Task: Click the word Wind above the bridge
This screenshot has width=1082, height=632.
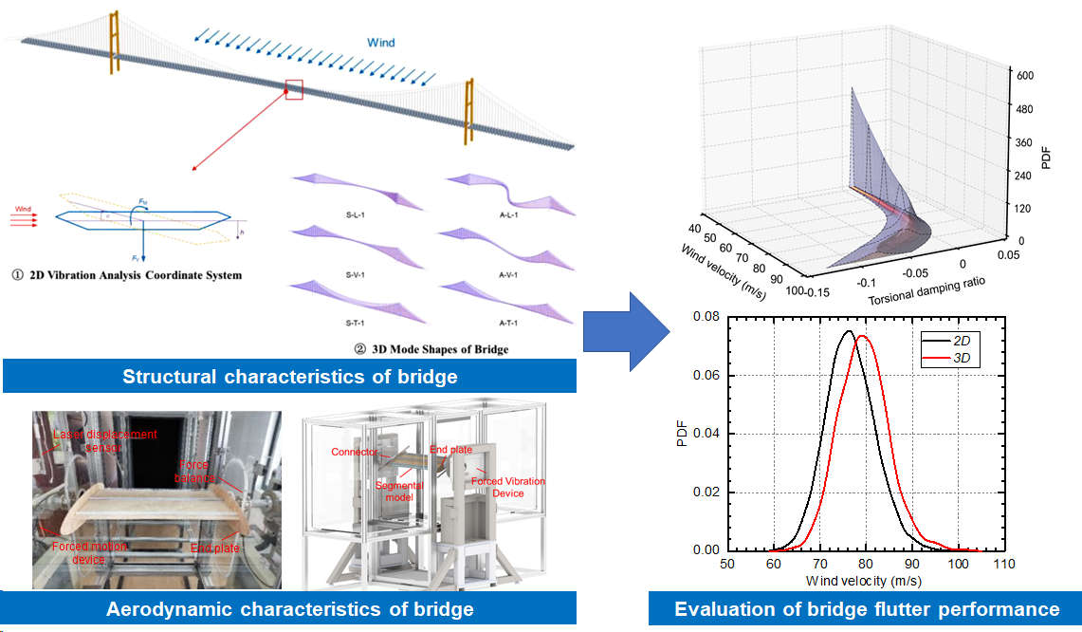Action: tap(382, 43)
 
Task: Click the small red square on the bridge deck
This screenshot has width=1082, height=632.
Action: tap(294, 89)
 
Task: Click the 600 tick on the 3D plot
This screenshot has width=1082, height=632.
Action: tap(1024, 75)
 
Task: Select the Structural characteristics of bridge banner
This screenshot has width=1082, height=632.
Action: tap(289, 377)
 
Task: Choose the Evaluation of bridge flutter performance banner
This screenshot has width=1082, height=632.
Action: tap(866, 608)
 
